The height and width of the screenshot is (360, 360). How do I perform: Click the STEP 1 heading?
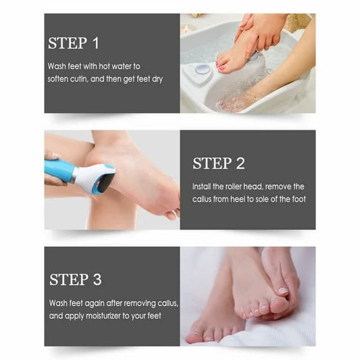click(74, 44)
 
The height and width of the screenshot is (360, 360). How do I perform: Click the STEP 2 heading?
click(218, 163)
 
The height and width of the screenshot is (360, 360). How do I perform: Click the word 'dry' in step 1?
click(155, 79)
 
